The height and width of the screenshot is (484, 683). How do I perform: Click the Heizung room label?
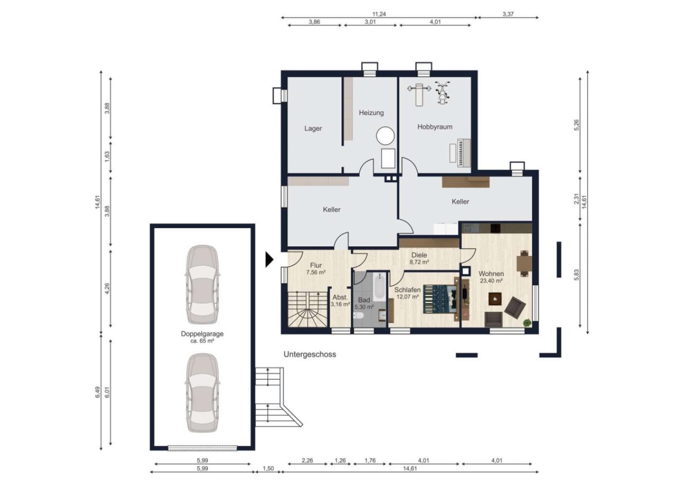371,113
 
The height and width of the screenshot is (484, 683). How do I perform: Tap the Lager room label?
313,129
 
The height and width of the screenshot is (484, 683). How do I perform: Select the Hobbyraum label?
435,127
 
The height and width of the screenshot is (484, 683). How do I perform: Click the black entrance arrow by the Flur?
269,259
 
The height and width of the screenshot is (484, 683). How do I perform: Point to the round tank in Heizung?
386,136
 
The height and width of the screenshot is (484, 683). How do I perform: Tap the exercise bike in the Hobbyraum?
442,93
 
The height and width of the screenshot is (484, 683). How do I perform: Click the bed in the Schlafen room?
440,299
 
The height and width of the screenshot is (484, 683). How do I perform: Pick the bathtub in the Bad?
380,287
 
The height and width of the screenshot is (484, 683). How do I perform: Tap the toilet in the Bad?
359,316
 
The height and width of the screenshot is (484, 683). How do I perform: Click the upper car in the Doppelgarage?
202,284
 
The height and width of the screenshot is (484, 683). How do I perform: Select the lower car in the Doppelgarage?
202,393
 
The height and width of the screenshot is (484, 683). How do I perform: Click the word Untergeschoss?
310,354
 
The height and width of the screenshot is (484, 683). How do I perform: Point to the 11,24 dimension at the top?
379,14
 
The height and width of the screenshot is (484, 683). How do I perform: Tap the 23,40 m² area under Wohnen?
491,281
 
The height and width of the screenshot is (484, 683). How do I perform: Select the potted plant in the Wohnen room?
527,322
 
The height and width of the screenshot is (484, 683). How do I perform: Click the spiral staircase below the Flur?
308,309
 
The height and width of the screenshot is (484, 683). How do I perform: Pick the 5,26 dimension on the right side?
576,125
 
